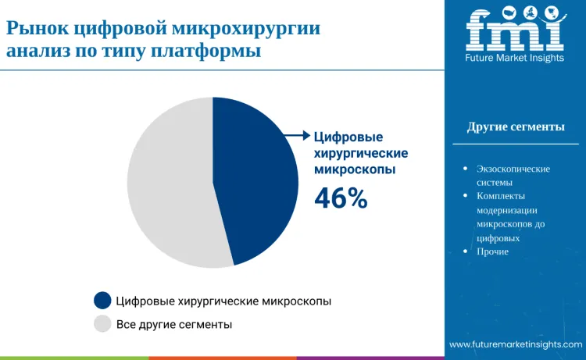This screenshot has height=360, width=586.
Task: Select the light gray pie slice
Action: (x=168, y=184)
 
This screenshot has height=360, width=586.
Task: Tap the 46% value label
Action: (x=341, y=199)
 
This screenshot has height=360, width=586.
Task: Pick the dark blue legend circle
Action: (x=102, y=301)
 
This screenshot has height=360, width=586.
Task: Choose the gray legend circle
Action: (x=102, y=323)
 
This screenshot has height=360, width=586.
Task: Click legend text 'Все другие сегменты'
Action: (x=173, y=323)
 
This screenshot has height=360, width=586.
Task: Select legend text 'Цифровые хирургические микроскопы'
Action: (x=223, y=301)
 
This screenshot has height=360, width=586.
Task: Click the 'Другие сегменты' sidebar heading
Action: (x=516, y=127)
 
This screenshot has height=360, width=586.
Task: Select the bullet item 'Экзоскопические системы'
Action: (x=513, y=176)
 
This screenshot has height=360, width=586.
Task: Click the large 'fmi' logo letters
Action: (x=515, y=30)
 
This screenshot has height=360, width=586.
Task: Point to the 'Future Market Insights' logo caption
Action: (x=515, y=57)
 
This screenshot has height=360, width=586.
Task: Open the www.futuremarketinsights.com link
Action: (x=516, y=344)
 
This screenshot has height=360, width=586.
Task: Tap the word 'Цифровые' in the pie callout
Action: (x=343, y=136)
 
